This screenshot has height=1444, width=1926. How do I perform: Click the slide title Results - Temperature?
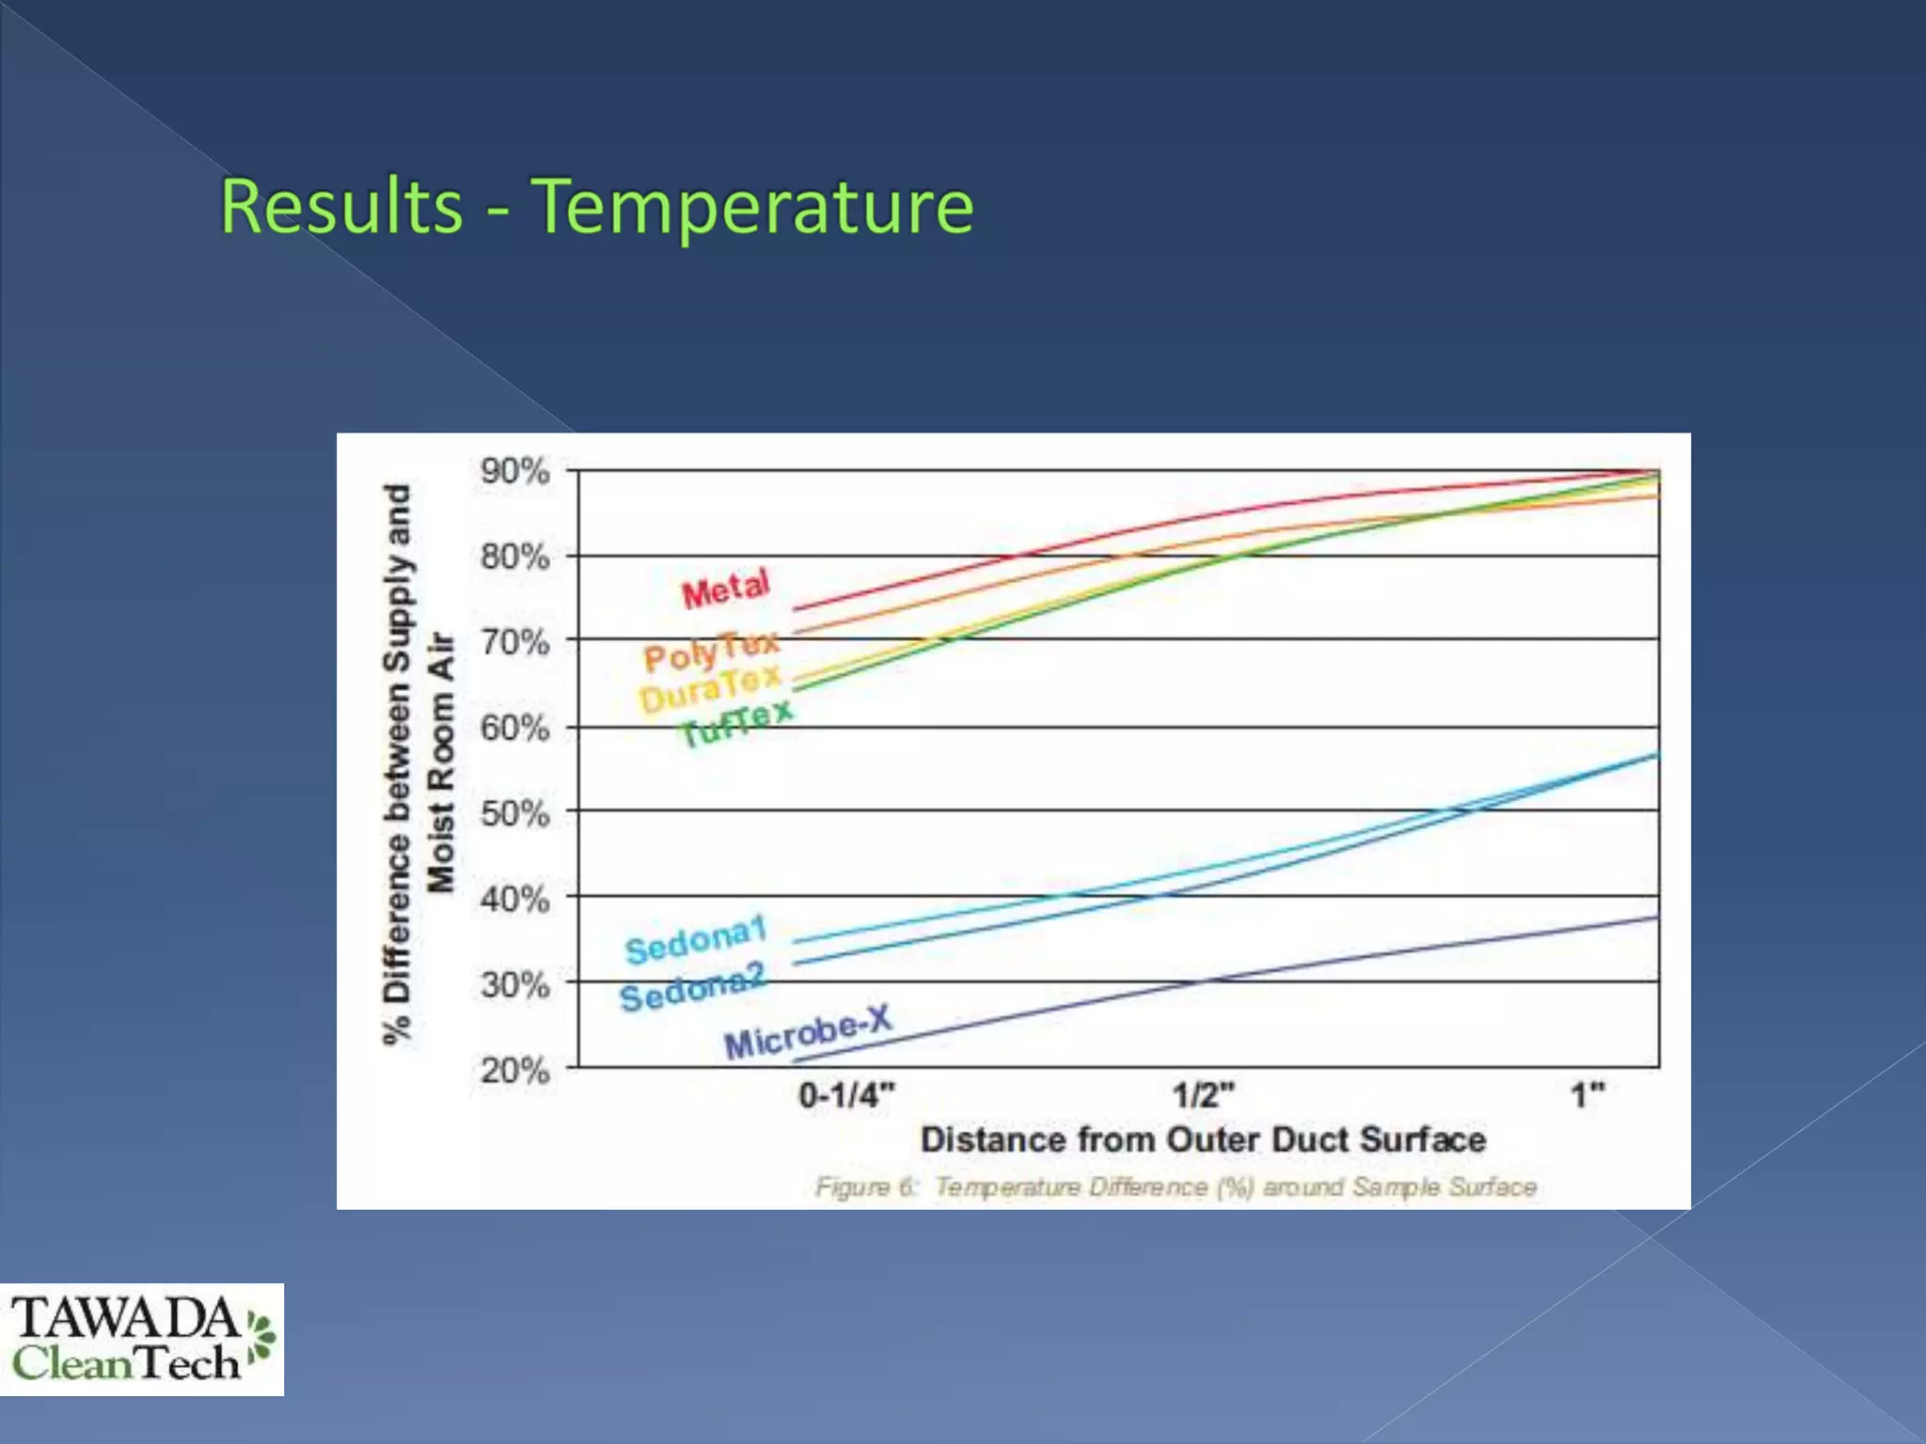point(597,206)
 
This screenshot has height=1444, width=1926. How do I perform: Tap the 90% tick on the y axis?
point(514,471)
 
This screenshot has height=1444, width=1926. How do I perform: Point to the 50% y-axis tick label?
point(514,813)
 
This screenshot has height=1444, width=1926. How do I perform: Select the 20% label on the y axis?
point(514,1070)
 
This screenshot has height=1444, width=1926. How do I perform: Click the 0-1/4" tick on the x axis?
point(846,1095)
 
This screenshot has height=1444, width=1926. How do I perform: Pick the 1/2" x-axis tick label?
point(1203,1095)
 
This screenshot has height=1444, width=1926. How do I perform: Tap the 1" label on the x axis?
point(1588,1095)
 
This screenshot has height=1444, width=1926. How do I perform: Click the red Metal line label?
point(726,589)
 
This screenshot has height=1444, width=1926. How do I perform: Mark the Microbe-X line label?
point(807,1032)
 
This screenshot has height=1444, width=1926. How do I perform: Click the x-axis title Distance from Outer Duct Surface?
point(1203,1139)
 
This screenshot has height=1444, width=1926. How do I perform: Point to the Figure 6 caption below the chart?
point(1176,1187)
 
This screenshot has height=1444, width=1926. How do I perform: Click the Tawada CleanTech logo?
point(141,1339)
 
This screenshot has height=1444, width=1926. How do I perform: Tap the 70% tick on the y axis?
point(514,643)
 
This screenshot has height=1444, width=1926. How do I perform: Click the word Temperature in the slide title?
point(752,206)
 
